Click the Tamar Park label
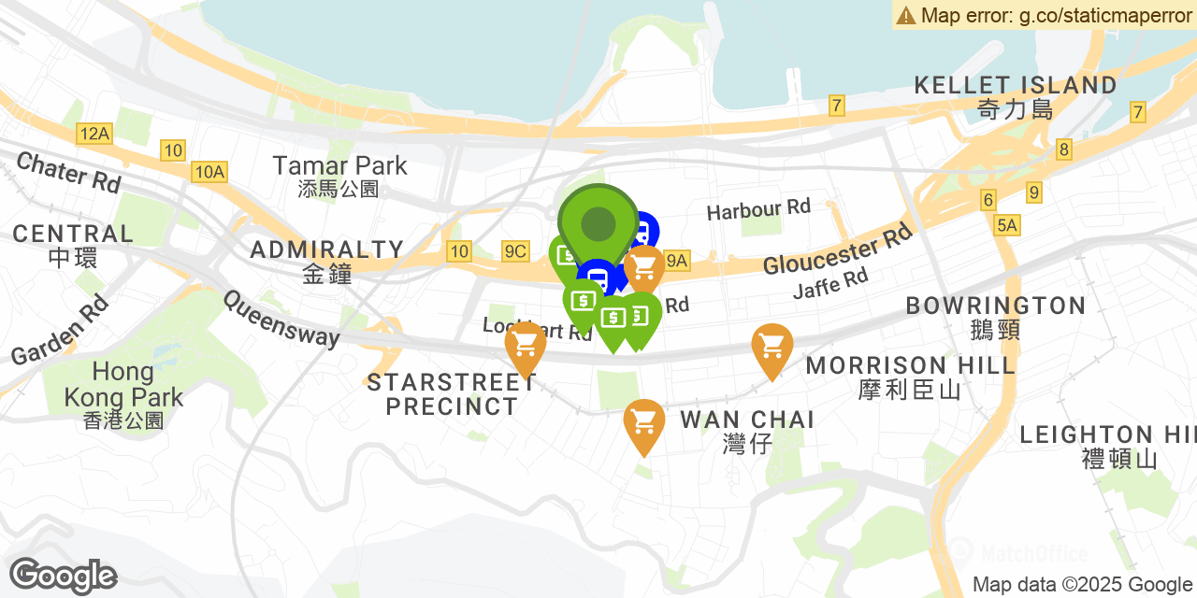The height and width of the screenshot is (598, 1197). (339, 176)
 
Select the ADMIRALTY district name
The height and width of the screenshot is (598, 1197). (327, 260)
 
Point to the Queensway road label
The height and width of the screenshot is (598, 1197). (281, 318)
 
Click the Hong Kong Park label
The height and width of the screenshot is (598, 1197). (123, 396)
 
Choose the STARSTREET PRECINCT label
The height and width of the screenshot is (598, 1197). (452, 394)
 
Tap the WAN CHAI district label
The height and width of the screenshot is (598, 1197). (746, 429)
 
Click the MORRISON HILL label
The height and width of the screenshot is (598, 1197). (910, 376)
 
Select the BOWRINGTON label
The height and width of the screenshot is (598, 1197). (995, 316)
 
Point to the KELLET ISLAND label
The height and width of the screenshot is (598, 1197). (1015, 95)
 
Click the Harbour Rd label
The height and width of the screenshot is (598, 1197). (758, 209)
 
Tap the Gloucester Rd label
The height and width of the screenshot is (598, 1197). (837, 249)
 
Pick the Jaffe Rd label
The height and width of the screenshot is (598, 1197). (829, 283)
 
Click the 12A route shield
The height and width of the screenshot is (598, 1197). (94, 134)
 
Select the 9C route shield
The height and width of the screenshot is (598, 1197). (515, 250)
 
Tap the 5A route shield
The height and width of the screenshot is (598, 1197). (1006, 225)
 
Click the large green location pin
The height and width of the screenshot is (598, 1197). (598, 225)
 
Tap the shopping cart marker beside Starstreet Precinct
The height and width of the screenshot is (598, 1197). (525, 348)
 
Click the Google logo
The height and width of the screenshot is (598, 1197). (63, 576)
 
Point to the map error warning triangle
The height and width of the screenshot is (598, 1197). (905, 15)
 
